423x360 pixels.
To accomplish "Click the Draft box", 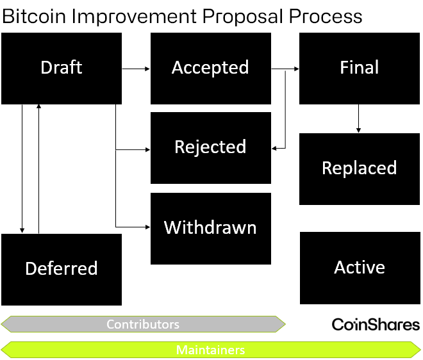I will pos(62,68).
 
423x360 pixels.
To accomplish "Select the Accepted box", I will pos(210,68).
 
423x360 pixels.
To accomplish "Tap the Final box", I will pos(359,68).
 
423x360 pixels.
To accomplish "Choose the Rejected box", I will pos(210,147).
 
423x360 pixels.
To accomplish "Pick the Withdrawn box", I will pos(210,228).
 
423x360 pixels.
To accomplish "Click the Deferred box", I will pos(62,269).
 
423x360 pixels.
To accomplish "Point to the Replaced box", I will pos(359,168).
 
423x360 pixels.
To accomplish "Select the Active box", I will pos(359,268).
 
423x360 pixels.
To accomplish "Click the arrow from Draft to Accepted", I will pos(136,67).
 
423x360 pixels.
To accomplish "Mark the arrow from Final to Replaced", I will pos(358,119).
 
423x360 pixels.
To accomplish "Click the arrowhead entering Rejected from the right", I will pos(275,148).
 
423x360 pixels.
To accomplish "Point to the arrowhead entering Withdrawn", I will pos(147,227).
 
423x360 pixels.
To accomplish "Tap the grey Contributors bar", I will pos(143,324).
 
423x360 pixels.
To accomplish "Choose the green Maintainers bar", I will pos(210,350).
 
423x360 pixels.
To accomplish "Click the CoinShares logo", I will pos(375,325).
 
